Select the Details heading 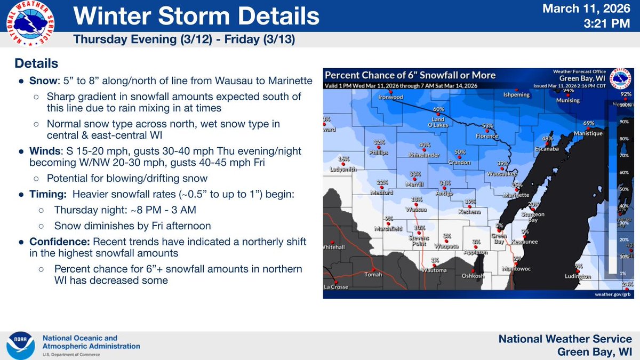36,63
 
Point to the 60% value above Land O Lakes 438,109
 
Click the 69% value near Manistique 588,123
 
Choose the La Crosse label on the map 335,287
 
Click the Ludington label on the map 579,276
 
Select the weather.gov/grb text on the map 613,294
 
